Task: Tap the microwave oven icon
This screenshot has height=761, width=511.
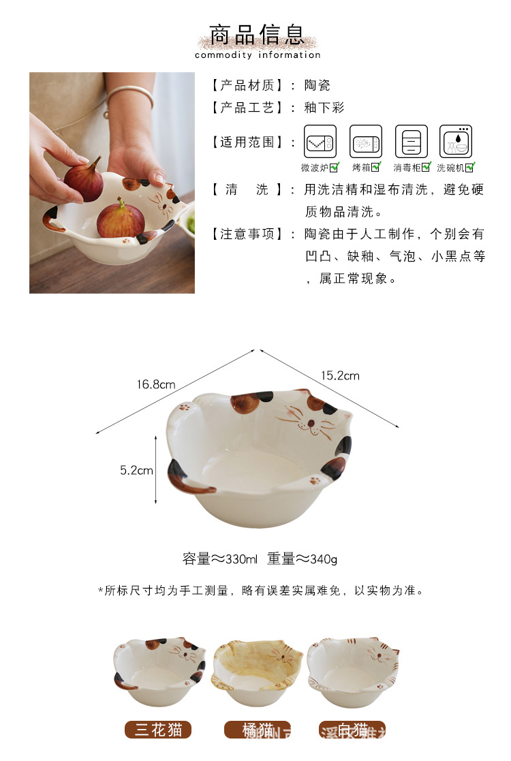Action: tap(320, 141)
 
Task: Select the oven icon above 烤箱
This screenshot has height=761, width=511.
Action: tap(366, 141)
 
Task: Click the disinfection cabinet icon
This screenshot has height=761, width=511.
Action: tap(412, 141)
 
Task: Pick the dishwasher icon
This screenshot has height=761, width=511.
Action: tap(456, 141)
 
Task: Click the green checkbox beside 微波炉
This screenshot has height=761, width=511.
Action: tap(334, 167)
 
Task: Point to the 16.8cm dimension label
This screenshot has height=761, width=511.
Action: tap(155, 384)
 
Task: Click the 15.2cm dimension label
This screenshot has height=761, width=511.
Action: tap(340, 375)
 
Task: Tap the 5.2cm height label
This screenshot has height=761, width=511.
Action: tap(136, 470)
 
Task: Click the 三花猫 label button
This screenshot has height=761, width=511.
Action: tap(158, 730)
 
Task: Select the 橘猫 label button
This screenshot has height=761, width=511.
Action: tap(258, 730)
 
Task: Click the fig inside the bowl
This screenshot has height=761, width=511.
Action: tap(121, 219)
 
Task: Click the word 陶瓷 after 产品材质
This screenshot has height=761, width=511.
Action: tap(317, 85)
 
